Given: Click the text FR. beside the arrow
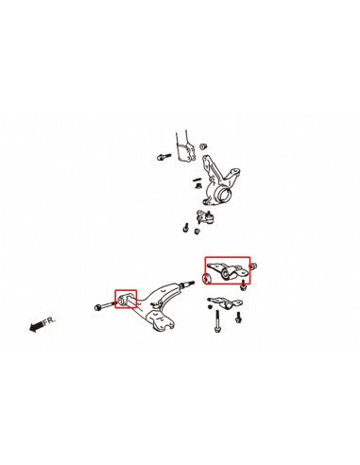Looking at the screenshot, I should [51, 321].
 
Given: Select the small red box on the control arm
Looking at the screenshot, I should [126, 300].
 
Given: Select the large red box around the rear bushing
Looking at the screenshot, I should [228, 269].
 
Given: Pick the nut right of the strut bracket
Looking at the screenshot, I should [204, 145].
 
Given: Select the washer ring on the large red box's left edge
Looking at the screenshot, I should [207, 279].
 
